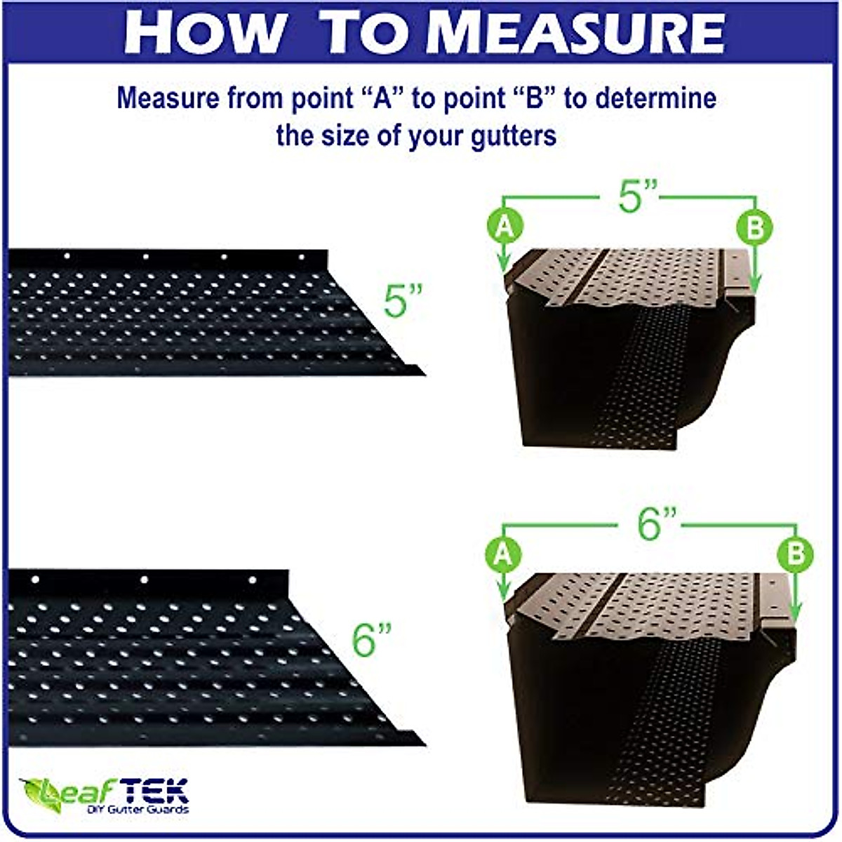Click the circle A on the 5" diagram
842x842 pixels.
tap(504, 227)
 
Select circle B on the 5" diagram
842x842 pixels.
tap(754, 227)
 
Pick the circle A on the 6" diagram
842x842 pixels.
tap(504, 554)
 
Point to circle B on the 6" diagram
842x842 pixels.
tap(796, 554)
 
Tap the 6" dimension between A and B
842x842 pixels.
tap(657, 525)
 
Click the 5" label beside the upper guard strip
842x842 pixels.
tap(404, 300)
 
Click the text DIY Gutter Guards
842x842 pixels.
tap(138, 810)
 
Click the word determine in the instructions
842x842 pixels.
tap(656, 98)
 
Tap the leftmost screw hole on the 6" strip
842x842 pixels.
tap(36, 580)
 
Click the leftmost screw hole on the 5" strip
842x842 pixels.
tap(67, 256)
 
